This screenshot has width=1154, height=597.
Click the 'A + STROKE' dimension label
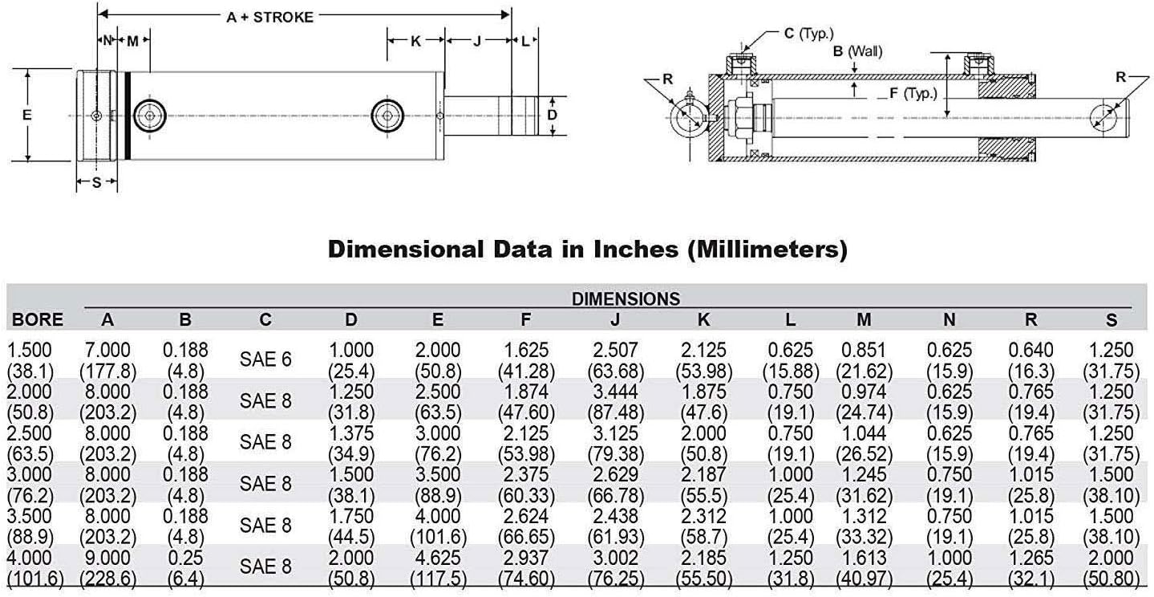pos(269,16)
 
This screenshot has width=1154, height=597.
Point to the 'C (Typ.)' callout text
pos(808,33)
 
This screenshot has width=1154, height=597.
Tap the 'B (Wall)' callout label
pos(857,51)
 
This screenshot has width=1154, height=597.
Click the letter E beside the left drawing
pos(26,115)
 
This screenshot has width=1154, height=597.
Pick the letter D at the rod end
pos(552,115)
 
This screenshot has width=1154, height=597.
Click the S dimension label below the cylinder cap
pos(96,182)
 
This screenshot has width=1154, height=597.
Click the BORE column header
pos(38,319)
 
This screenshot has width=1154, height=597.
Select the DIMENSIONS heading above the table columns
pos(626,299)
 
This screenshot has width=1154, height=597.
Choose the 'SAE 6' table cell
pos(265,360)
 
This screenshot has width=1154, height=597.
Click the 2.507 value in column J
pos(614,351)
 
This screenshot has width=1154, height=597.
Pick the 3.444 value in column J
pos(614,392)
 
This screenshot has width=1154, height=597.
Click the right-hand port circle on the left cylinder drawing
pos(388,116)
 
